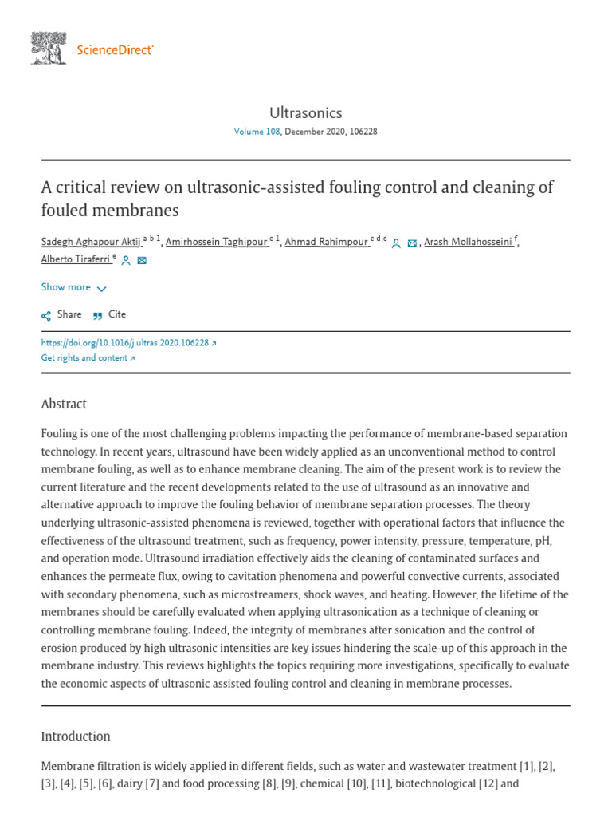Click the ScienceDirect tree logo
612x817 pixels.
49,48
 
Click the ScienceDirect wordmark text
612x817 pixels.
115,50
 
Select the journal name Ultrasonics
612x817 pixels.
306,112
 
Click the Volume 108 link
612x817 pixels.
257,132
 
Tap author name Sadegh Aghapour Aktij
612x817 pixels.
91,243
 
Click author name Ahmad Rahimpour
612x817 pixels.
328,243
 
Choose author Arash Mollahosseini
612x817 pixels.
470,243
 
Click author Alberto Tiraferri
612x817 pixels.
75,259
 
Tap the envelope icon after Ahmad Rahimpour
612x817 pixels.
412,243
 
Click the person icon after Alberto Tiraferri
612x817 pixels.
126,260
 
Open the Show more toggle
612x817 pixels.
73,287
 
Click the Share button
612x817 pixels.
61,314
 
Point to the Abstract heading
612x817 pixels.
64,404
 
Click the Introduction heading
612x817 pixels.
76,736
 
